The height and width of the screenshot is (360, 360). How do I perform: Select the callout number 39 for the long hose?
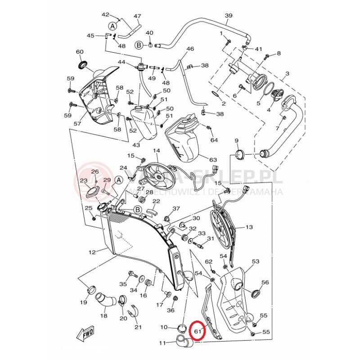pos(229,16)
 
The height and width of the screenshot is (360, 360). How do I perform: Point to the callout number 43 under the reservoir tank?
pos(136,145)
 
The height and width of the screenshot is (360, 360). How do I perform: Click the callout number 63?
pos(213,159)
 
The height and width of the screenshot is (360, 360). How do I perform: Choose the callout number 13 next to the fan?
pos(249,227)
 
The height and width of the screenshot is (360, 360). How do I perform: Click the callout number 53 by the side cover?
pos(256,261)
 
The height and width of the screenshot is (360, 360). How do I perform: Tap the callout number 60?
pos(80,52)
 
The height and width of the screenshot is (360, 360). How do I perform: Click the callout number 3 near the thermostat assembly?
pos(287,73)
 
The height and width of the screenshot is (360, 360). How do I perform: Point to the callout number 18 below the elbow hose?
pos(104,316)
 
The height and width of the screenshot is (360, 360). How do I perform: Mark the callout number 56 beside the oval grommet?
pos(265,282)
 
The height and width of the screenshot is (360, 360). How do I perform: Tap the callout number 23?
pos(84,181)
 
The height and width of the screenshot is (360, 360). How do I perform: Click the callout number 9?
pos(237,141)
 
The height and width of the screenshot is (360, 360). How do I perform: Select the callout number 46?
pos(190,49)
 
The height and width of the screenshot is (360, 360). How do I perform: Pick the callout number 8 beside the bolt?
pos(279,54)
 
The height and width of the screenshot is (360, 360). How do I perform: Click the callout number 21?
pos(138,327)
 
